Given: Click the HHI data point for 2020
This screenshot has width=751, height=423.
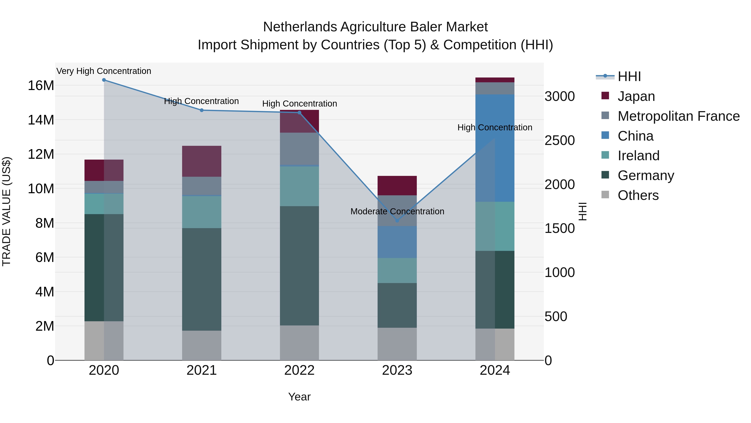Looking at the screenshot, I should click(104, 80).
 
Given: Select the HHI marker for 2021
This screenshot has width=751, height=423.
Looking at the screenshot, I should click(202, 110).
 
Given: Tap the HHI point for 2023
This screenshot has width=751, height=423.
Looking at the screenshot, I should click(397, 221).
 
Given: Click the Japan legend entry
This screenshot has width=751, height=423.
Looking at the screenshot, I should click(636, 96).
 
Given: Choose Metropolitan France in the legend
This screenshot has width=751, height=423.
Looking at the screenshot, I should click(678, 116).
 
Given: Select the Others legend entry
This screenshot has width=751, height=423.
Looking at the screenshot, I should click(638, 195).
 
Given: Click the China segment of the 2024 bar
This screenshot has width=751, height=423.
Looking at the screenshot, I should click(495, 148).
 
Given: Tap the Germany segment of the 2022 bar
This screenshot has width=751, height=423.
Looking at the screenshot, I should click(299, 266).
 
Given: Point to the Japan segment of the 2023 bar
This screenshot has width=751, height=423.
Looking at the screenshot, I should click(397, 186).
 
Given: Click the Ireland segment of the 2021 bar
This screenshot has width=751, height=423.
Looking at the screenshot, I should click(202, 212).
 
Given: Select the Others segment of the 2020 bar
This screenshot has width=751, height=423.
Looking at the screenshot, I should click(104, 341).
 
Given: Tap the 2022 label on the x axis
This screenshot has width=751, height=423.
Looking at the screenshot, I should click(299, 370).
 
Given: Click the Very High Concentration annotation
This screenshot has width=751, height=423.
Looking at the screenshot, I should click(104, 71).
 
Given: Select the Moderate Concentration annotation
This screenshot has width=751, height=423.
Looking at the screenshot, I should click(397, 211).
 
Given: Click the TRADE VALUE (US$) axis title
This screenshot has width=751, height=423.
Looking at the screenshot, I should click(6, 211).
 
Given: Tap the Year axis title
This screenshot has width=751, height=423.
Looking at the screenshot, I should click(299, 397).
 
